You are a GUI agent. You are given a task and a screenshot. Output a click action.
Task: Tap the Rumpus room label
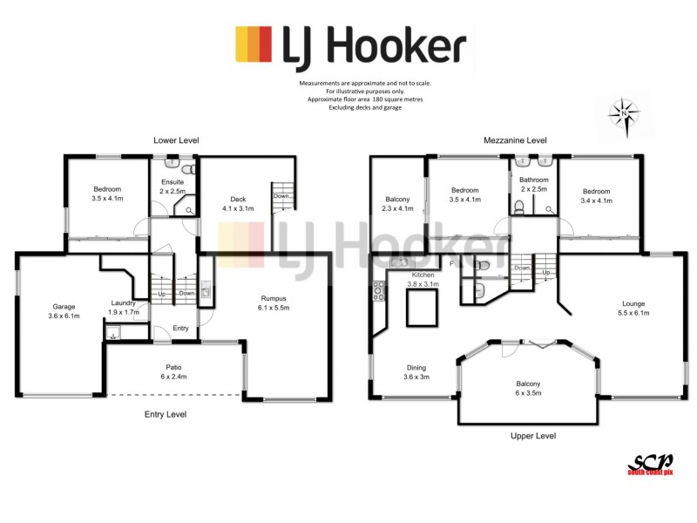pos(274,302)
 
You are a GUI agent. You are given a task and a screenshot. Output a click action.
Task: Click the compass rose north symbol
pos(625,113)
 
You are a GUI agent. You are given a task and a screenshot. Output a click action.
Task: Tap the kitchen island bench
pos(423,307)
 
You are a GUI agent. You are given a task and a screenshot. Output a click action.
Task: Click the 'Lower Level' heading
pos(176,139)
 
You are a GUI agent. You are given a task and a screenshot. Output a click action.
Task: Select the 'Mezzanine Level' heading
pos(515,139)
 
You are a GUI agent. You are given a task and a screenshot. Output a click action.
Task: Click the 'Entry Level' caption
pos(165,414)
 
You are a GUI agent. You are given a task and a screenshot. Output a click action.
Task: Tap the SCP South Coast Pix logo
pos(650,464)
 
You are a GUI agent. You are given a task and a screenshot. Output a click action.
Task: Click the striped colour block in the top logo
pos(254,44)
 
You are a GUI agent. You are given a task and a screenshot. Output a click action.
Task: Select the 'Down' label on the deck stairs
pos(281,196)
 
